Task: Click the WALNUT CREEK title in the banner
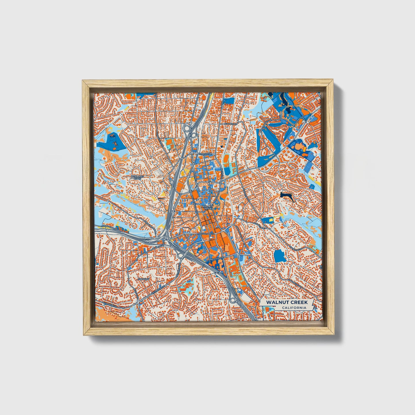click(287, 302)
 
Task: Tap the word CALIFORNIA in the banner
click(294, 308)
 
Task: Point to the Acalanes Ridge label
click(137, 177)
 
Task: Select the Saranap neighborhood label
click(143, 279)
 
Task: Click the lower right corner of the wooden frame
click(334, 335)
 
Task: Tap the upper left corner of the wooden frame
click(83, 81)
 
